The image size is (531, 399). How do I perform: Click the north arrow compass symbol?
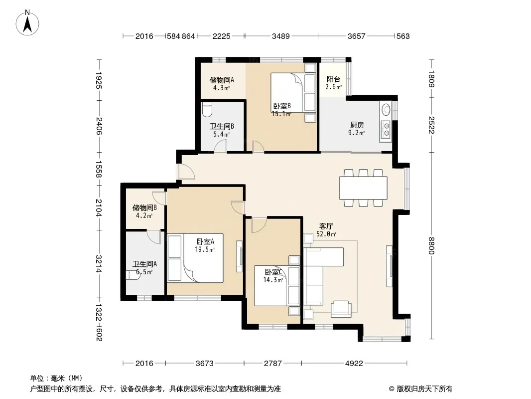point(27,23)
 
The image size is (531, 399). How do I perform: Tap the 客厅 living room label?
point(326,226)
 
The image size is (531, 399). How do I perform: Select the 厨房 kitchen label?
point(357,125)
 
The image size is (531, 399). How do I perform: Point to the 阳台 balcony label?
point(333,79)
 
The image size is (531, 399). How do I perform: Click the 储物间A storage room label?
point(222,80)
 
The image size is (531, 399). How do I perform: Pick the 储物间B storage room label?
point(144,207)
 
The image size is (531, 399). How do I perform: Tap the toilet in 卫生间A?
point(133,275)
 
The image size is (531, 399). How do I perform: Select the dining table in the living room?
point(363,188)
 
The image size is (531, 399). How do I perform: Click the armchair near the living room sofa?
point(341,309)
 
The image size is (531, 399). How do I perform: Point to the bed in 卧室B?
point(293,92)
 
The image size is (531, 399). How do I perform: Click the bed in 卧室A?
point(195,258)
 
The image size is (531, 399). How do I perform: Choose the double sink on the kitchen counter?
point(386,130)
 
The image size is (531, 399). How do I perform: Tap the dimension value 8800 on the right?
point(431,246)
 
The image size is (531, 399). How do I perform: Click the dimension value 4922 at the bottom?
point(354,364)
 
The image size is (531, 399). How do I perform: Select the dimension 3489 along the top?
point(281,36)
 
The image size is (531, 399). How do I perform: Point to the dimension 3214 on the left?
point(99,264)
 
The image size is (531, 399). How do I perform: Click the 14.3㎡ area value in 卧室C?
point(273,280)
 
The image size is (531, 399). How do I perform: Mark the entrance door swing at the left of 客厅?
point(187,172)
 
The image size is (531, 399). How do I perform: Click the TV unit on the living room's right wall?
point(390,266)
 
